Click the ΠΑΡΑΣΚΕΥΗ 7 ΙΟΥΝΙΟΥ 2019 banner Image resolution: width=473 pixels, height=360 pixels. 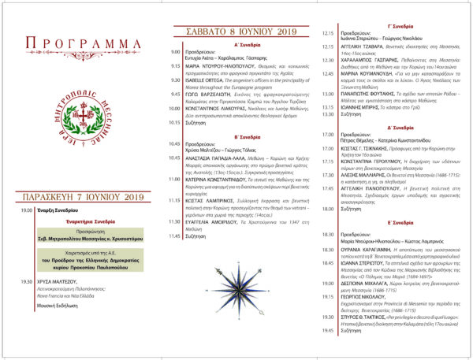pos(81,191)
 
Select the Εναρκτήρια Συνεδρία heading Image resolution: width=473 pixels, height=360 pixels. pos(81,221)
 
